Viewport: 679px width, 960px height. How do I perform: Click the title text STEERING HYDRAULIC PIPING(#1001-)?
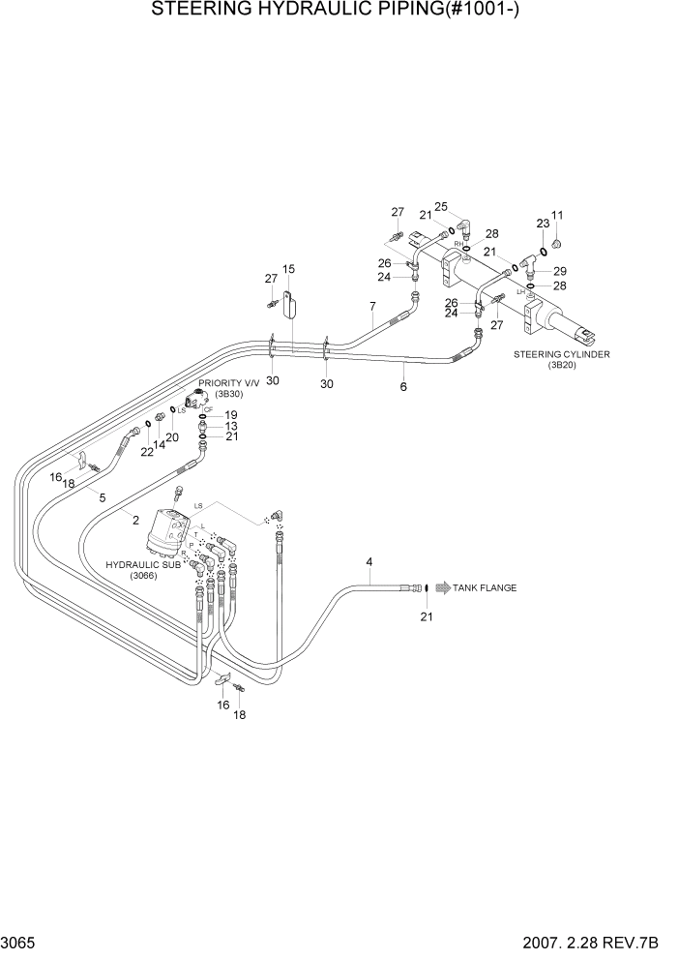[x=339, y=13]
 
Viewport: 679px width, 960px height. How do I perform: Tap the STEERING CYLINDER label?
[x=562, y=354]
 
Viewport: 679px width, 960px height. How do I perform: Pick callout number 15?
[x=288, y=269]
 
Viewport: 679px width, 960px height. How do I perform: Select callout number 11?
[x=556, y=215]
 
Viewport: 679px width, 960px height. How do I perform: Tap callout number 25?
[x=441, y=206]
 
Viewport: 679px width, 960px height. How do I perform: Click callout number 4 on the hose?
[x=369, y=562]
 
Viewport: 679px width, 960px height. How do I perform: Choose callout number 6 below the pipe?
[x=403, y=386]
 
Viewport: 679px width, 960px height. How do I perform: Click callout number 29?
[x=560, y=271]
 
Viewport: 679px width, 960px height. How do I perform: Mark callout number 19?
[x=230, y=415]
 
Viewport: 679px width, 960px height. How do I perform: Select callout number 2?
[x=136, y=520]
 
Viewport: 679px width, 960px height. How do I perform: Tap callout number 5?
[x=102, y=496]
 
